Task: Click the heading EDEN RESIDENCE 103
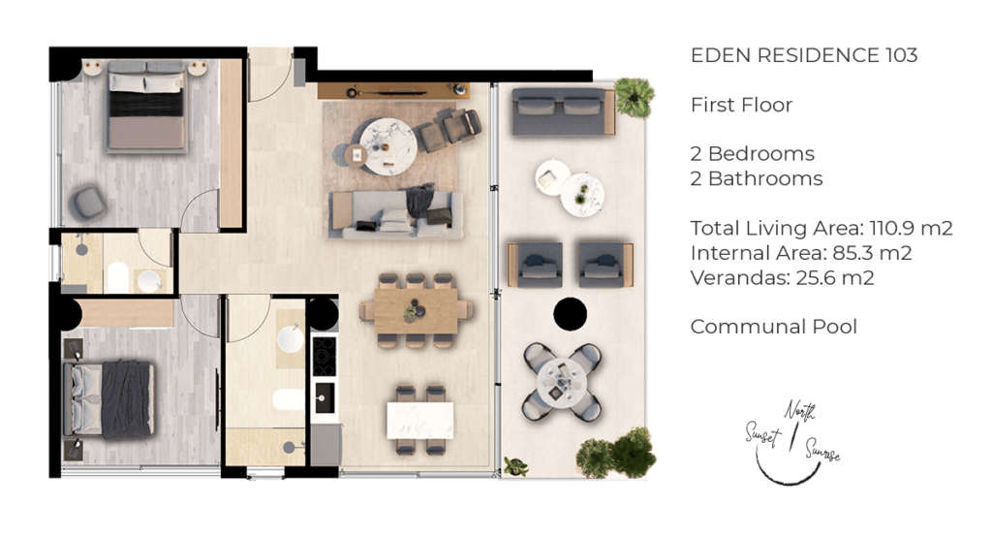804,55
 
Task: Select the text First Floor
741,105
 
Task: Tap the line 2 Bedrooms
752,153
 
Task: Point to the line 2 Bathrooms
756,178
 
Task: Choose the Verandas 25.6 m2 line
783,278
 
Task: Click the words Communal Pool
773,327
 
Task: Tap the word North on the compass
800,411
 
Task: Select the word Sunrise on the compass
819,451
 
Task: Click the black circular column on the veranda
571,314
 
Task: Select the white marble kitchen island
419,420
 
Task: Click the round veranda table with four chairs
562,381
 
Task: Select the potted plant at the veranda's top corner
635,96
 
